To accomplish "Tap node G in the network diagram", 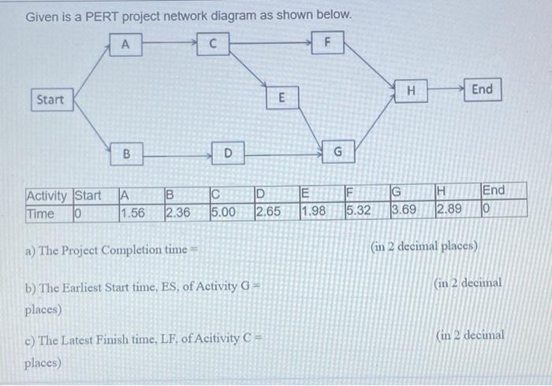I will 337,150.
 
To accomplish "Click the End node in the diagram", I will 482,90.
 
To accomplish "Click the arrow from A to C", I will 169,44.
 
